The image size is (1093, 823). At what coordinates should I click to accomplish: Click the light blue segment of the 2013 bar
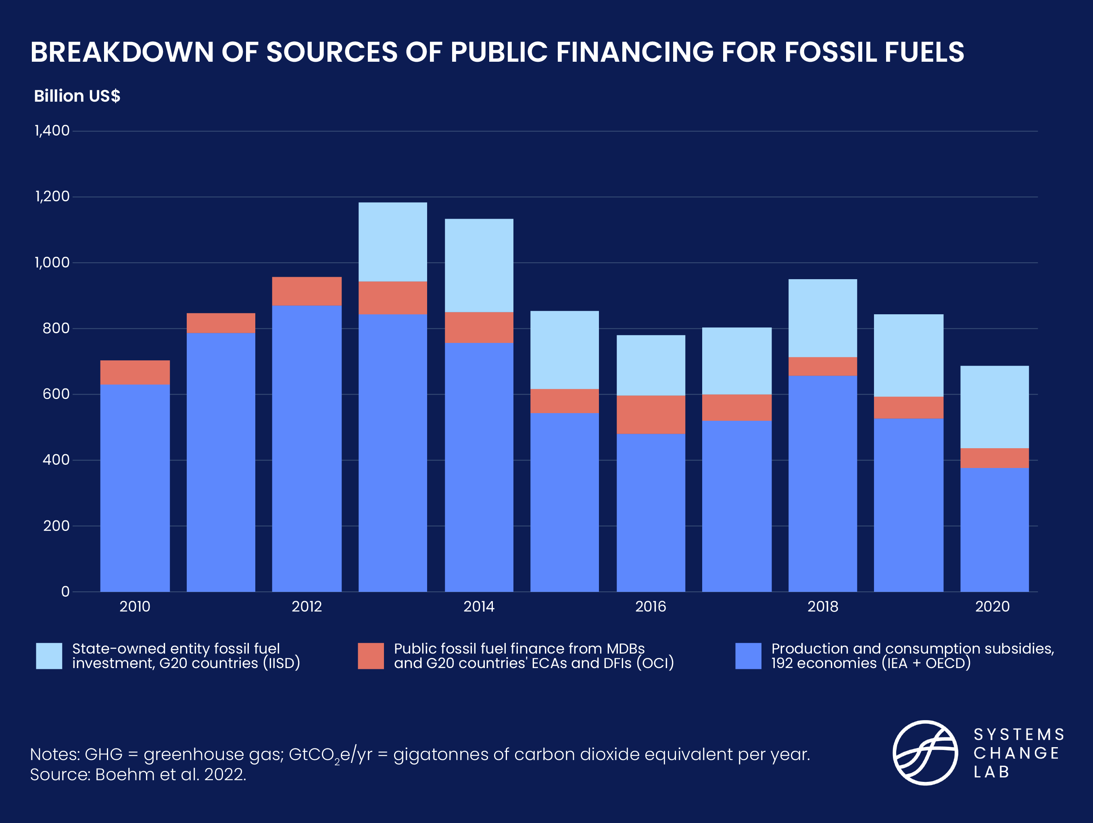coord(392,242)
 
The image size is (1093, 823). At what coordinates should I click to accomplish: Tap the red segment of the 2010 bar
coord(135,372)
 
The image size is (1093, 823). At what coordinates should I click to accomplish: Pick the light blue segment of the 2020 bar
coord(994,407)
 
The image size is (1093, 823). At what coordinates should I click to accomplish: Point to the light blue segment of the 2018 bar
coord(822,318)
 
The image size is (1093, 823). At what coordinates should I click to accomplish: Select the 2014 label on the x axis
coord(478,606)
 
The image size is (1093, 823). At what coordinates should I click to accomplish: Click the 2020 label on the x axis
coord(992,606)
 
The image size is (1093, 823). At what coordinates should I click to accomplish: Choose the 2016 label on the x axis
coord(650,606)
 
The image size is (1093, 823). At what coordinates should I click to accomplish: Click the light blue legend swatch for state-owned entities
coord(49,656)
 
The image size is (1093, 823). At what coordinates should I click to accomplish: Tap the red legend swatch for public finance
coord(371,656)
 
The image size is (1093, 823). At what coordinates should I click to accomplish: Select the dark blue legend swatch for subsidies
coord(748,656)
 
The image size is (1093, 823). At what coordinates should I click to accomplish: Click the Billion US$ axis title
coord(77,96)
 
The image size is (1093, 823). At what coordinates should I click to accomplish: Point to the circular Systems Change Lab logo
coord(925,753)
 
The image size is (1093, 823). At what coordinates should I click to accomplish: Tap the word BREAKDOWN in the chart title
coord(121,52)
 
